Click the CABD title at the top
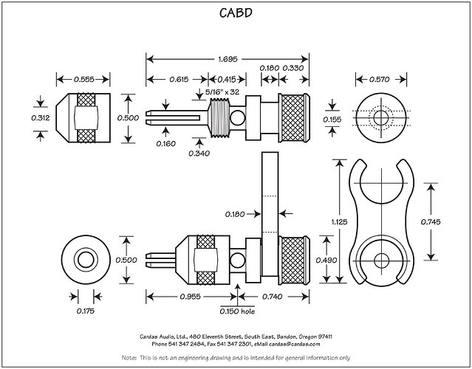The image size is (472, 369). point(235,13)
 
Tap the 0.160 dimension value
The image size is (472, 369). point(166,143)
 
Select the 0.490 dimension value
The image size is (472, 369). point(326,260)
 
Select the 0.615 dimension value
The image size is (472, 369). point(177,79)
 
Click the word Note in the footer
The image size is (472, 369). point(127,357)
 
